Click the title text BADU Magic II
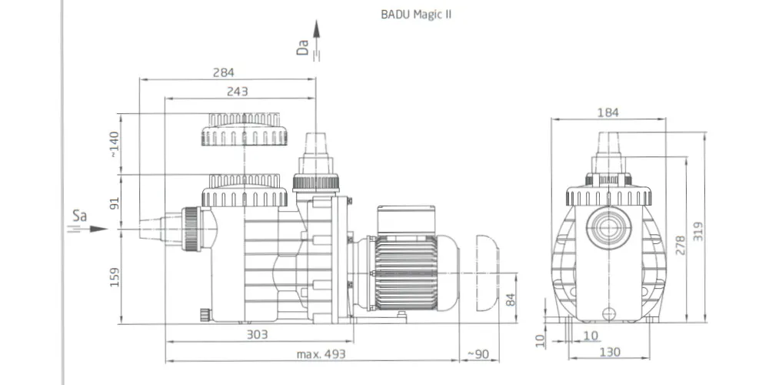(416, 15)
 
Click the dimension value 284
(224, 72)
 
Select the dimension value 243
(238, 92)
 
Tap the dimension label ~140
(114, 145)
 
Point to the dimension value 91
(115, 203)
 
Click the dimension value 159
(115, 277)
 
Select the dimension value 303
(258, 334)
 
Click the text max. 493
(321, 354)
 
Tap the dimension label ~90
(478, 354)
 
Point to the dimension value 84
(511, 300)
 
